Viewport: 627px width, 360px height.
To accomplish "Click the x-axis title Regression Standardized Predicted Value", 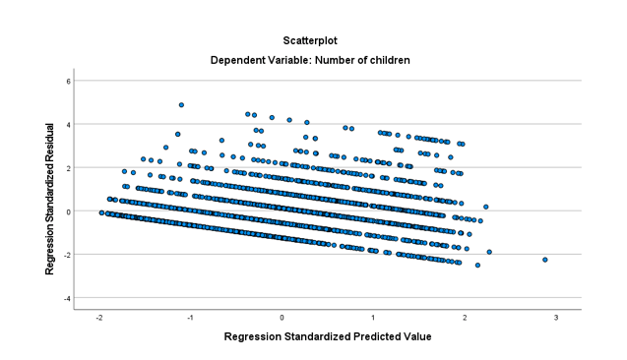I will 327,336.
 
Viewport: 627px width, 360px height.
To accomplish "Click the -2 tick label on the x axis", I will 99,318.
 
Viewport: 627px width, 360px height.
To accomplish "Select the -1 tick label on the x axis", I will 190,318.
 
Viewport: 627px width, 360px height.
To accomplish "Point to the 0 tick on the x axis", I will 282,318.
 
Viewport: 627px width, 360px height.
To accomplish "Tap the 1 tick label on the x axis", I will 373,318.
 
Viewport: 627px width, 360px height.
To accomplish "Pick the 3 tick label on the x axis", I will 556,318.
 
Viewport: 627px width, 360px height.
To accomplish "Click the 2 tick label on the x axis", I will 465,318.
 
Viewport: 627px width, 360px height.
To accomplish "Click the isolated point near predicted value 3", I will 544,260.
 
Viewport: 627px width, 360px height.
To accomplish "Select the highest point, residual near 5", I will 181,104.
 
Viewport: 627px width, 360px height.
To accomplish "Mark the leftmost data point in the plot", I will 101,212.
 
